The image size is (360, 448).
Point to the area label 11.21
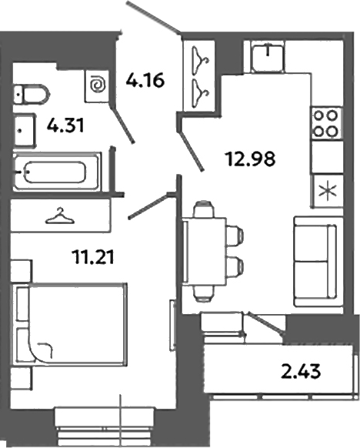[88, 257]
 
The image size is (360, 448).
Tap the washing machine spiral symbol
[98, 85]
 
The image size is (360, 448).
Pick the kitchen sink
[265, 56]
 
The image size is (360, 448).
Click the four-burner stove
[325, 122]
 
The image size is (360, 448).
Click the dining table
[205, 251]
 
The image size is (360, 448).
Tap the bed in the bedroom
[72, 323]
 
